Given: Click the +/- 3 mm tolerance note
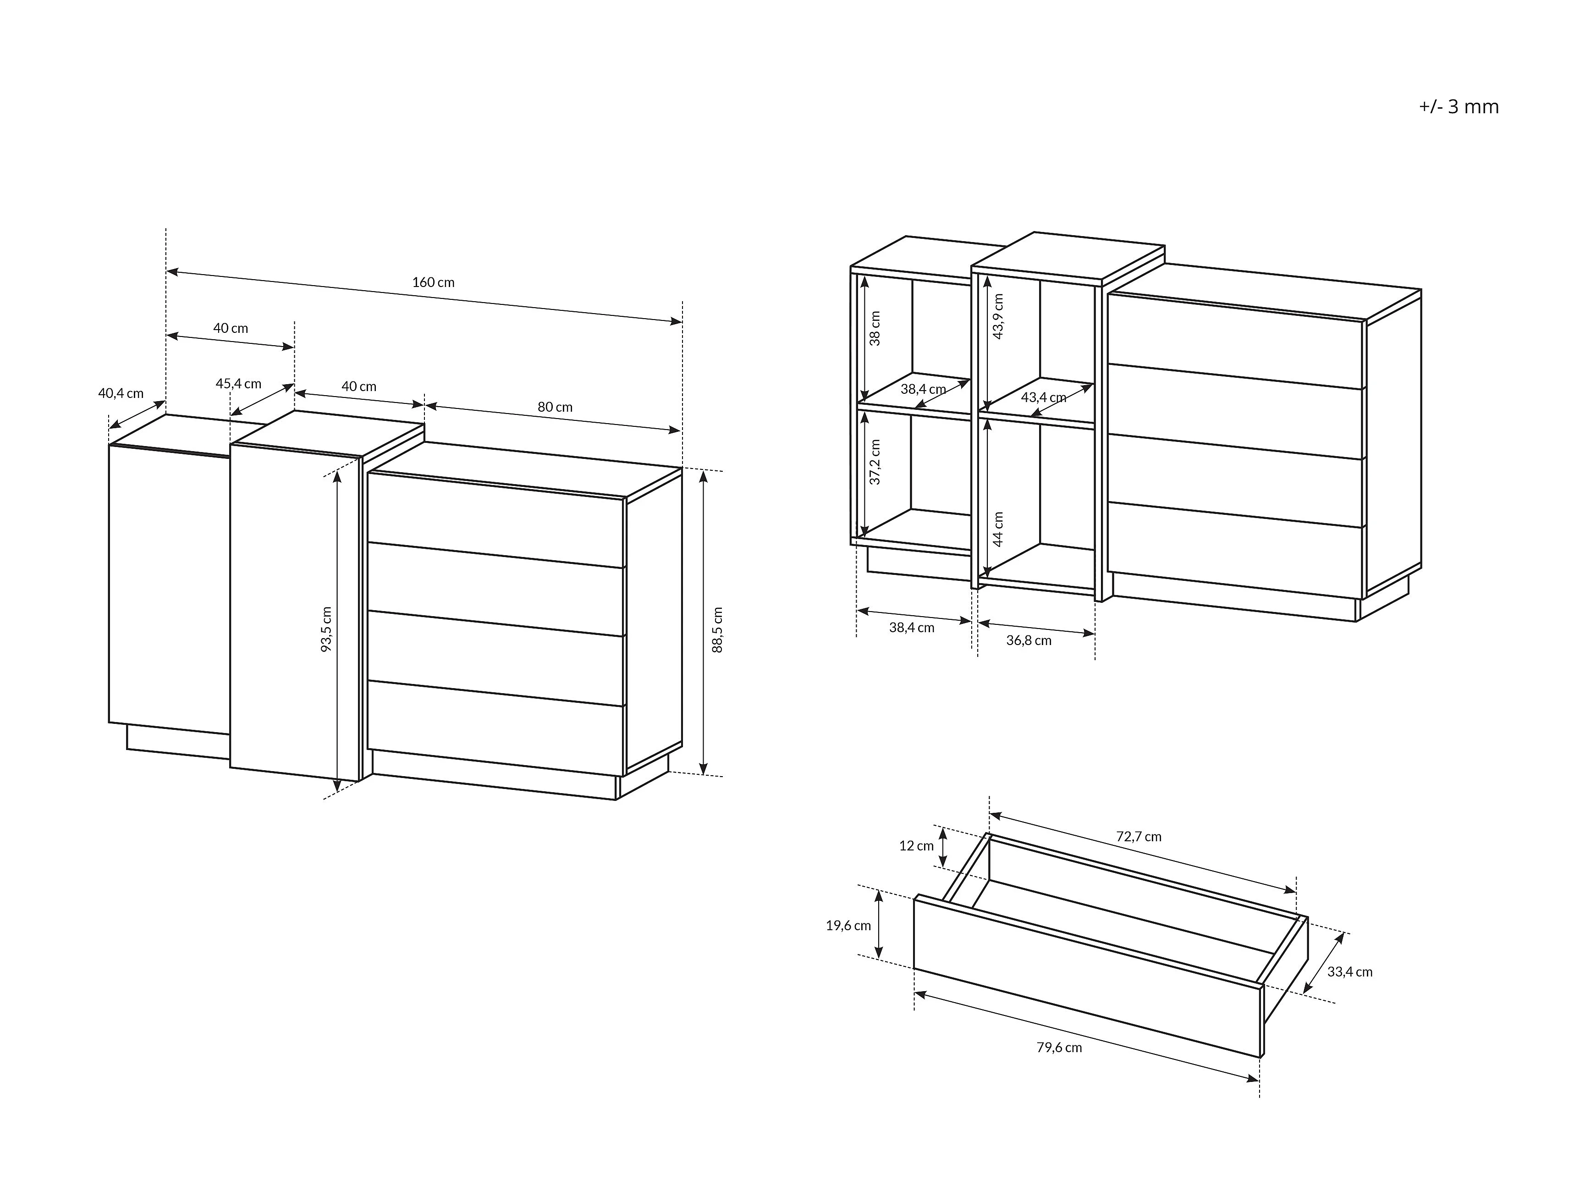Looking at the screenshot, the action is pyautogui.click(x=1459, y=107).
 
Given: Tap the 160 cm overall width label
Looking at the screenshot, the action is pyautogui.click(x=434, y=282).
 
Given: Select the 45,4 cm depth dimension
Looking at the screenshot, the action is pyautogui.click(x=239, y=384).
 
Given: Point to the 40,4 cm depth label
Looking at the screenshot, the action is pyautogui.click(x=121, y=393).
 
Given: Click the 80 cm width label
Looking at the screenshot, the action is pyautogui.click(x=555, y=407).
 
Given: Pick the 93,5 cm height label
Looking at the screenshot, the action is pyautogui.click(x=326, y=629).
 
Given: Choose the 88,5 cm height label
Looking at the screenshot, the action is pyautogui.click(x=717, y=630).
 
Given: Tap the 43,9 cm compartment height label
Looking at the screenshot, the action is pyautogui.click(x=999, y=316).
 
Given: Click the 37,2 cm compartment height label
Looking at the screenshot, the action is pyautogui.click(x=875, y=462).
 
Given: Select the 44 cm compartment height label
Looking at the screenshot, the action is pyautogui.click(x=999, y=529).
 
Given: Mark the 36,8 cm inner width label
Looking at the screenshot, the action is pyautogui.click(x=1029, y=640).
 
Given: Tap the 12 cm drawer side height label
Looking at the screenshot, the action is pyautogui.click(x=916, y=846).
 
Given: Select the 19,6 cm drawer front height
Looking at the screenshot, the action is pyautogui.click(x=848, y=926).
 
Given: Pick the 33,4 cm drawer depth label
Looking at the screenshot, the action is pyautogui.click(x=1350, y=972).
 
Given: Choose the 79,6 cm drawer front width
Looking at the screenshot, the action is pyautogui.click(x=1059, y=1048).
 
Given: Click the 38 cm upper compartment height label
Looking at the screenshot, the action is pyautogui.click(x=875, y=328).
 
